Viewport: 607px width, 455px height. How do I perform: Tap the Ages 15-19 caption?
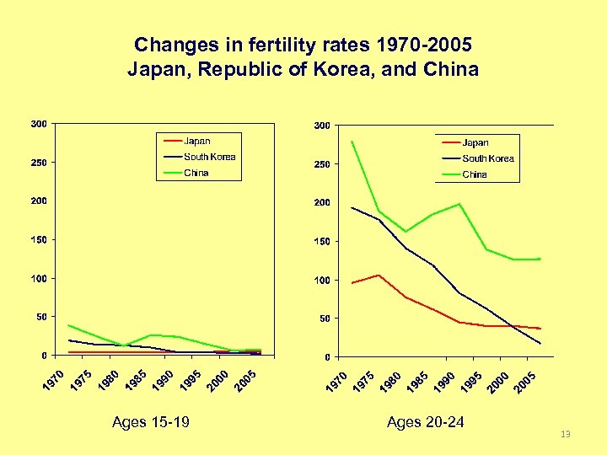pyautogui.click(x=150, y=421)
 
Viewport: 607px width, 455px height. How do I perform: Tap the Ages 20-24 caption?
pyautogui.click(x=425, y=421)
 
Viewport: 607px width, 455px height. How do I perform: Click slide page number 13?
pyautogui.click(x=565, y=434)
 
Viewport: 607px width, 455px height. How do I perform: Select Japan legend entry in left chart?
pyautogui.click(x=197, y=141)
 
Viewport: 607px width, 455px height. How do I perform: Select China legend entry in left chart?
pyautogui.click(x=196, y=173)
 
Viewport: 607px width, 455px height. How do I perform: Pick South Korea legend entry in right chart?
pyautogui.click(x=487, y=158)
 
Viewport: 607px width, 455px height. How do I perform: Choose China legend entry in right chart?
pyautogui.click(x=475, y=174)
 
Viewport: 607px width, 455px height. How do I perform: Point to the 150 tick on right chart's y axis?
pyautogui.click(x=321, y=242)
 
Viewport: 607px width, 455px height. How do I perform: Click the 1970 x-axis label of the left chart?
pyautogui.click(x=52, y=379)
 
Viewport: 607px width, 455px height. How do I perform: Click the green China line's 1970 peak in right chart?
pyautogui.click(x=352, y=142)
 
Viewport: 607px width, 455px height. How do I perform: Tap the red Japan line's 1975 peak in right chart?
pyautogui.click(x=379, y=275)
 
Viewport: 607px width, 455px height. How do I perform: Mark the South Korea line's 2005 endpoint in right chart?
pyautogui.click(x=540, y=343)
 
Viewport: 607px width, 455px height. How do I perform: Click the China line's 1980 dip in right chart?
pyautogui.click(x=406, y=232)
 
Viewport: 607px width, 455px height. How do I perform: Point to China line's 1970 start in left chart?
pyautogui.click(x=69, y=325)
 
